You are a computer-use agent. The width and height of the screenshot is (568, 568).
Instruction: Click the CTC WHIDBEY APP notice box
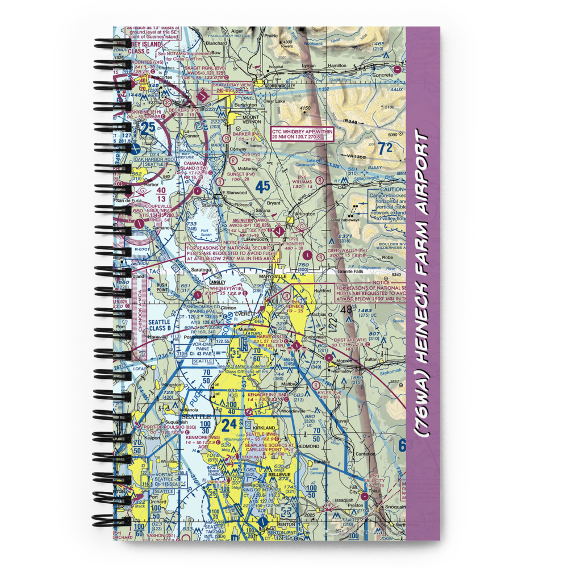pyautogui.click(x=303, y=133)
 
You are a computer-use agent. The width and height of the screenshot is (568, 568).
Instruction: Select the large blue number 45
pyautogui.click(x=262, y=186)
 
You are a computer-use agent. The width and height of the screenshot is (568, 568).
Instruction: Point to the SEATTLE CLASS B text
pyautogui.click(x=159, y=326)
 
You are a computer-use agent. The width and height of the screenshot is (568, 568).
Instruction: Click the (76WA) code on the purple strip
pyautogui.click(x=423, y=414)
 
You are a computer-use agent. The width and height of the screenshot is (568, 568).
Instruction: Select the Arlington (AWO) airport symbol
pyautogui.click(x=278, y=231)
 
